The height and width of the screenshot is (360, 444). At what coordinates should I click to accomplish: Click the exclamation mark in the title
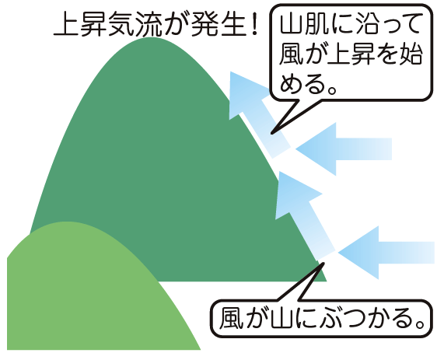click(x=254, y=24)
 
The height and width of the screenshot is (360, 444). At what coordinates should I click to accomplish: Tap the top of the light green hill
click(x=67, y=222)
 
